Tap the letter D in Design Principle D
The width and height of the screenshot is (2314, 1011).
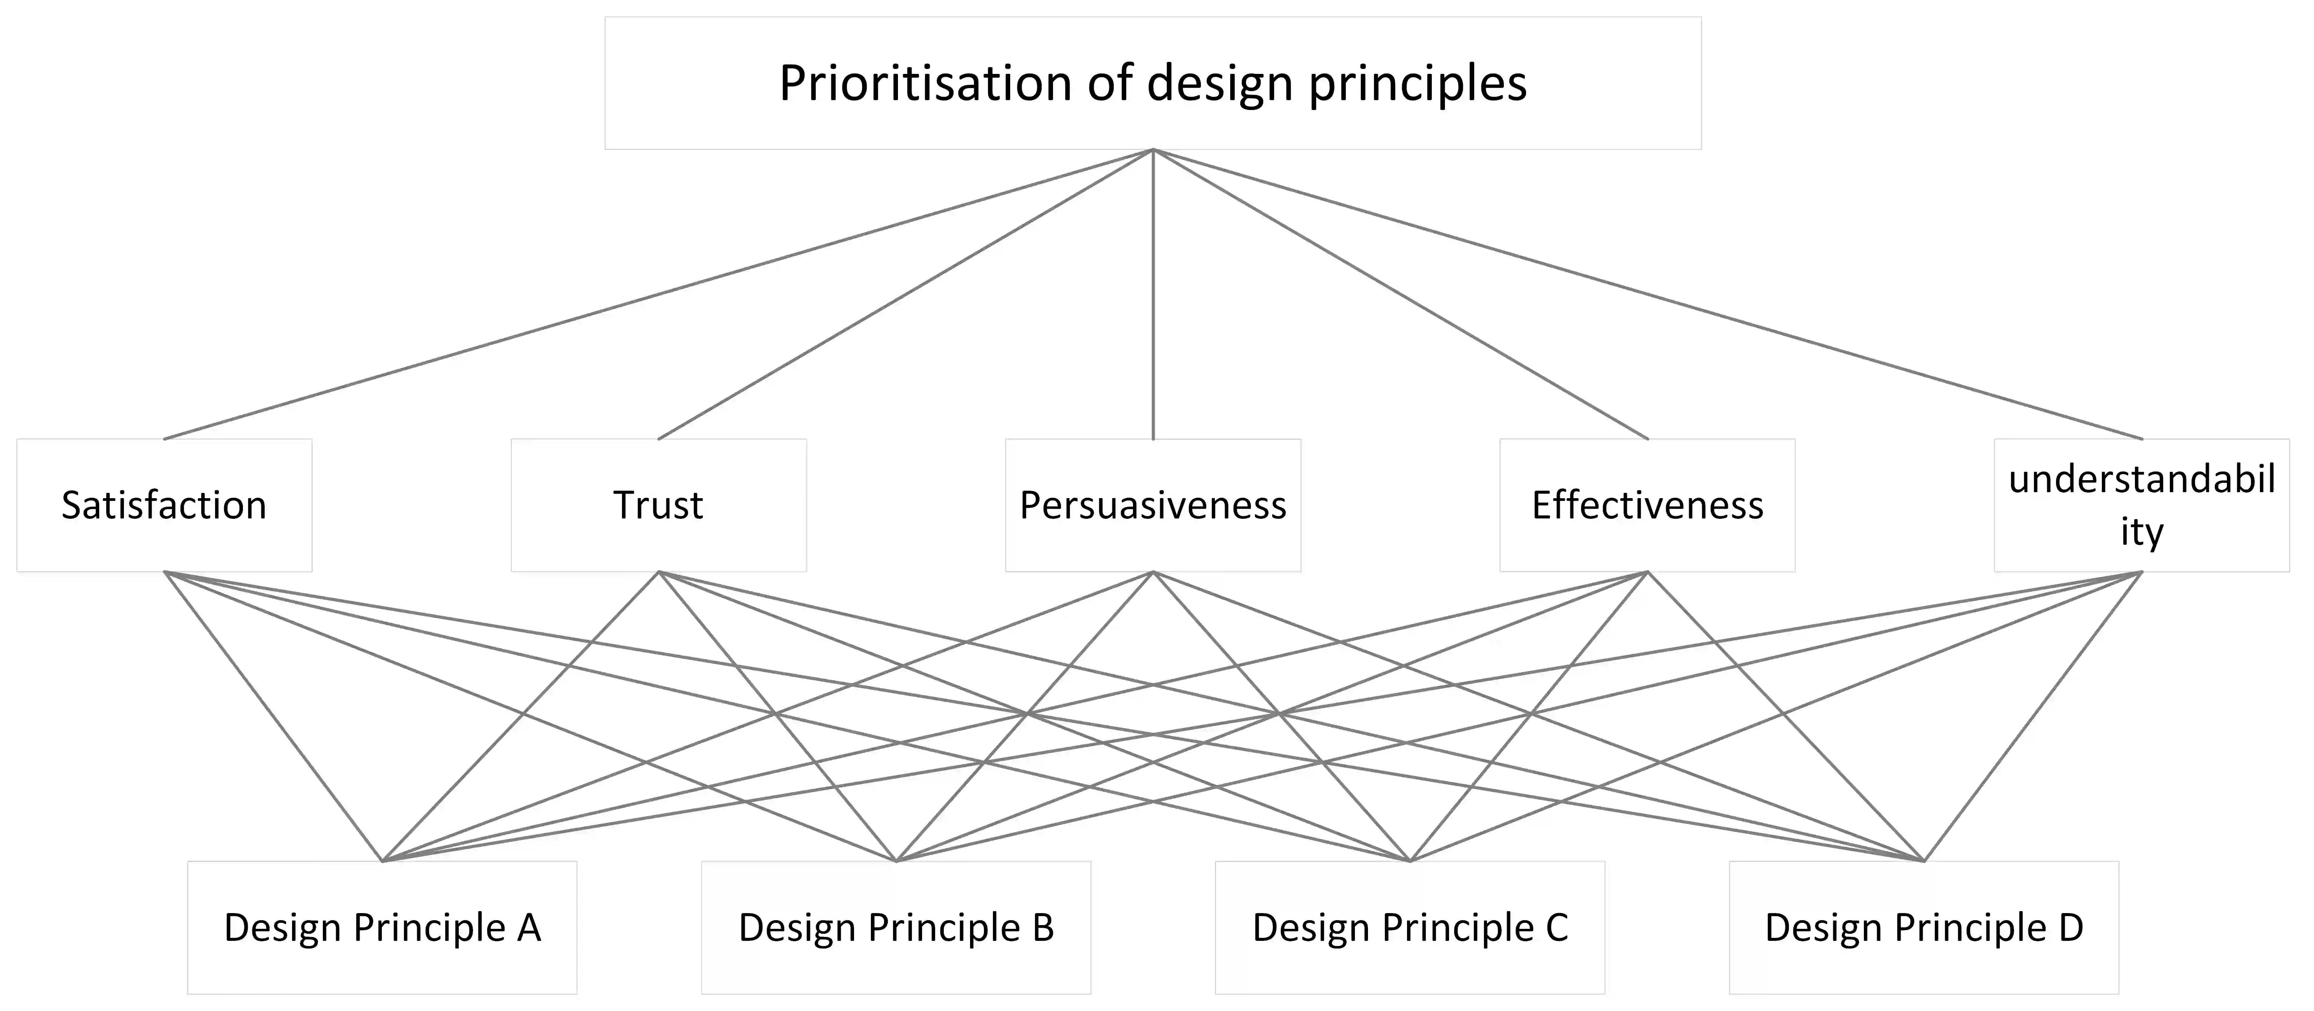(x=2070, y=927)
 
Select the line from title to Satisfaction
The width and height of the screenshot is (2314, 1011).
(x=658, y=294)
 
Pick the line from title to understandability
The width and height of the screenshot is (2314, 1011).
(x=1647, y=294)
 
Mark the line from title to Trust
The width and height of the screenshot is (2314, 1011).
(x=905, y=294)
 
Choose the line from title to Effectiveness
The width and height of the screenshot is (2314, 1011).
(x=1400, y=294)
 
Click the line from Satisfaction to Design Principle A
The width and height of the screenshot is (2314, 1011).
(x=273, y=717)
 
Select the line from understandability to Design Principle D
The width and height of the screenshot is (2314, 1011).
(x=2033, y=717)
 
